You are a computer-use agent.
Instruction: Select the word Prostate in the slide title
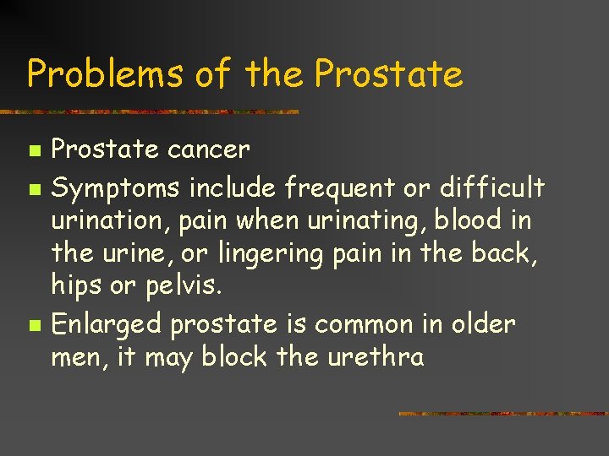coord(388,74)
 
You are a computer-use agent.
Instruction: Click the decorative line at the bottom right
coord(502,414)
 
